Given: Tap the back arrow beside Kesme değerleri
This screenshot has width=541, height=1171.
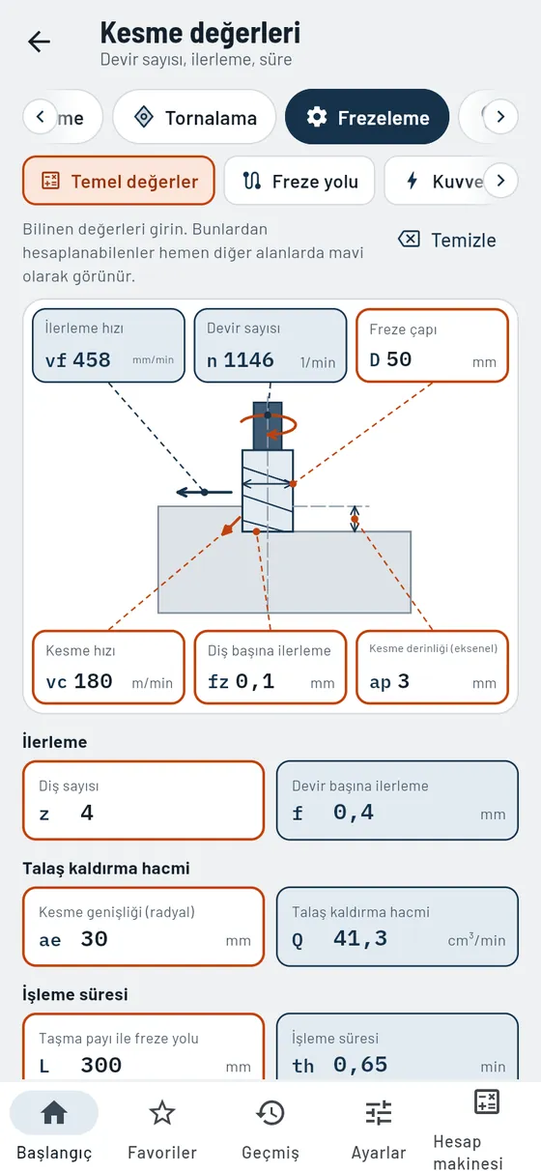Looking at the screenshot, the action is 40,42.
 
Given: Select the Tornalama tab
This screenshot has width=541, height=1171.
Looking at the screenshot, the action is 194,117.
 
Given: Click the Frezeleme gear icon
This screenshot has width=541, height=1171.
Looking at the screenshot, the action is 317,117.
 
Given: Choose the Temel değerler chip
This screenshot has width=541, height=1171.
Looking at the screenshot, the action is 119,181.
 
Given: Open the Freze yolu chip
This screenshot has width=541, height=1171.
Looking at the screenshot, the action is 299,181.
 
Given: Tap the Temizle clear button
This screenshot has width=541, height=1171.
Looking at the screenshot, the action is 447,240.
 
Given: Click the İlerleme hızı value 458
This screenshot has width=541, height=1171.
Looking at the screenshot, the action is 92,359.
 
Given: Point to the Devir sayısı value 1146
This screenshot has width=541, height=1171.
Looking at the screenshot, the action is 248,359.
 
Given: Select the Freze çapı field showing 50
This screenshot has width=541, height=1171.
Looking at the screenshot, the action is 432,346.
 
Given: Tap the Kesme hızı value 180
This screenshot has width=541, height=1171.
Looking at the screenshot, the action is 93,681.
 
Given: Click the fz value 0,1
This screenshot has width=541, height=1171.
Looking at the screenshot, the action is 254,681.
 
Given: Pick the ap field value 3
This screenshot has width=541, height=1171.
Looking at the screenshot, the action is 403,681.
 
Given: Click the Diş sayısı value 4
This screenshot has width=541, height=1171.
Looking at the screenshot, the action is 87,813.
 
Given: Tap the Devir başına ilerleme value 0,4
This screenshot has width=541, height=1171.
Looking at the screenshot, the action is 354,813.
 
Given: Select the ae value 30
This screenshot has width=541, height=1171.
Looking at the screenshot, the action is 94,939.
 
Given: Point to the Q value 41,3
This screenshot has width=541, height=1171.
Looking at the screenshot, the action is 360,939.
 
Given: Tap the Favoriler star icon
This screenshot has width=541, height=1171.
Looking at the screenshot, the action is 162,1112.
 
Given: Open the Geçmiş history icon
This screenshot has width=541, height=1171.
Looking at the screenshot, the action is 270,1112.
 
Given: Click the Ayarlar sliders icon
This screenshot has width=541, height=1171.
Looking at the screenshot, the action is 379,1112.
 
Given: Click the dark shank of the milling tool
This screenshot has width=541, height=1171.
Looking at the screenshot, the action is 268,426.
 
